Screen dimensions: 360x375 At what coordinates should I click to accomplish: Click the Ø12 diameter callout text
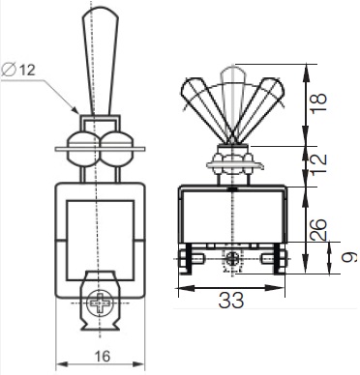[18, 70]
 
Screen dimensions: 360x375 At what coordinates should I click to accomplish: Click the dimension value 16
[103, 357]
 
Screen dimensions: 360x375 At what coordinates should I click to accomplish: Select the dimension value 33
[231, 301]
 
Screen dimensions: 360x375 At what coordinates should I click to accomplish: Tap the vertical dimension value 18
[318, 102]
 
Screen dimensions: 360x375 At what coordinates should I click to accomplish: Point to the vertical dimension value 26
[318, 229]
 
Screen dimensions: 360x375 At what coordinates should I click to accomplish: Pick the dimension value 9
[349, 257]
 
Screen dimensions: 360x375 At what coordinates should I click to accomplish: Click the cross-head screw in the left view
[101, 303]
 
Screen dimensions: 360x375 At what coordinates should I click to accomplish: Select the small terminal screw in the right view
[232, 258]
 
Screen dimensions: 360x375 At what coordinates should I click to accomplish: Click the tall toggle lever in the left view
[101, 61]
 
